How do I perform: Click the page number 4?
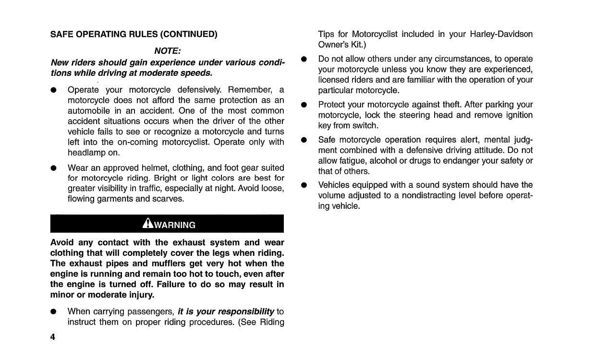53,337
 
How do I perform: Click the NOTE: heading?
167,50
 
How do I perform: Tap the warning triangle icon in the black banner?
147,224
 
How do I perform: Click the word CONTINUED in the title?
188,34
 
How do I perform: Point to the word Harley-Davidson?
501,34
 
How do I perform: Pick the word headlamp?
87,153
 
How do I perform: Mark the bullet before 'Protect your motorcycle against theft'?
304,105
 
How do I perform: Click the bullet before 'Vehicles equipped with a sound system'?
304,185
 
